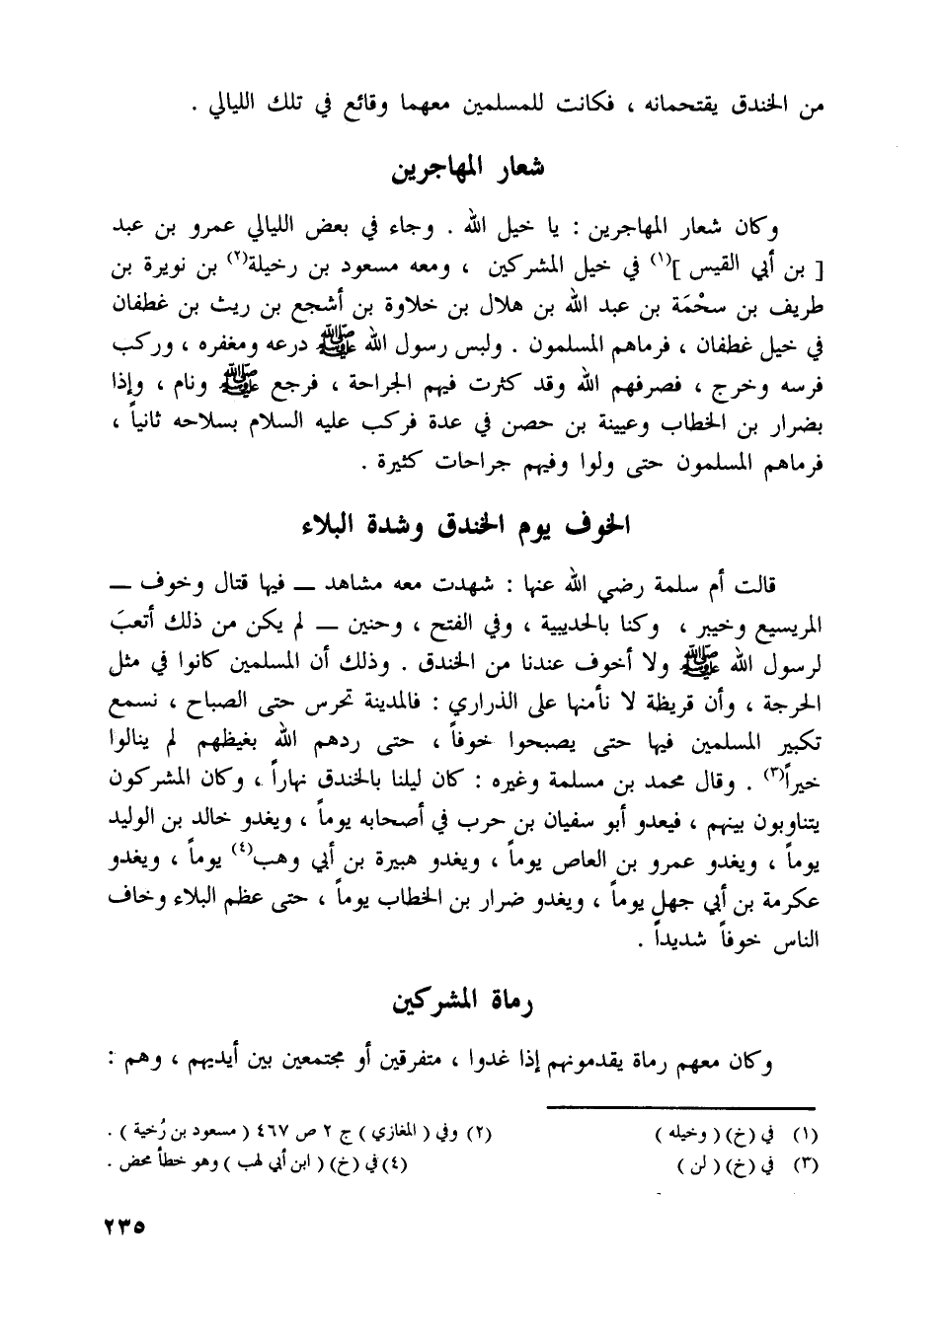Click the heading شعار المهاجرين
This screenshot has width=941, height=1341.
pos(470,168)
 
